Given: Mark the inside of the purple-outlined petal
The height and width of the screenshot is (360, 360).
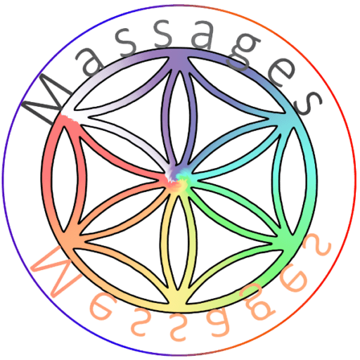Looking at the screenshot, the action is tap(179, 117).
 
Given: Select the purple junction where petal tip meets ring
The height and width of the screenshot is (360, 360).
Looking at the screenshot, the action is tap(179, 60).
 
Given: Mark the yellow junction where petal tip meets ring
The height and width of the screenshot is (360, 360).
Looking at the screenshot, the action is tap(179, 301).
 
